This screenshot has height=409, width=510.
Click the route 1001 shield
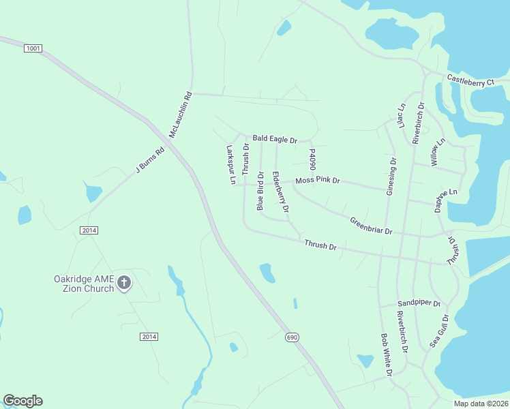click(x=33, y=48)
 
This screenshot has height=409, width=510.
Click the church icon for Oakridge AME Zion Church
click(x=124, y=282)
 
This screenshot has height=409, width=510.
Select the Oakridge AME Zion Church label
click(x=85, y=283)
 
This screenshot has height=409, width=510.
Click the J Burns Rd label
click(x=150, y=162)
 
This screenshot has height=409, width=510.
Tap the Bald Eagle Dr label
click(x=275, y=139)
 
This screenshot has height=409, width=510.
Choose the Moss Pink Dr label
click(x=317, y=181)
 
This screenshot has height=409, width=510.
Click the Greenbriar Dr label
click(x=372, y=226)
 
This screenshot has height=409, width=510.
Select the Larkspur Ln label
click(x=230, y=164)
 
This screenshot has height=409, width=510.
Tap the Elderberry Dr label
click(x=280, y=191)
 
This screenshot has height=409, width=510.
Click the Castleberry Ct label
click(x=470, y=80)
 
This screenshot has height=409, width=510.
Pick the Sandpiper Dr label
click(x=419, y=303)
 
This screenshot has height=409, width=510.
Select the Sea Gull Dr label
click(x=438, y=331)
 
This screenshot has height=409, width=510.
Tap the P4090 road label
click(x=312, y=161)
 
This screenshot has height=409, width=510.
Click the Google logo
click(x=22, y=401)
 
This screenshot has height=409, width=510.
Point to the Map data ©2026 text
click(x=481, y=404)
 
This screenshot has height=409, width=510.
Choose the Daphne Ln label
click(x=447, y=201)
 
